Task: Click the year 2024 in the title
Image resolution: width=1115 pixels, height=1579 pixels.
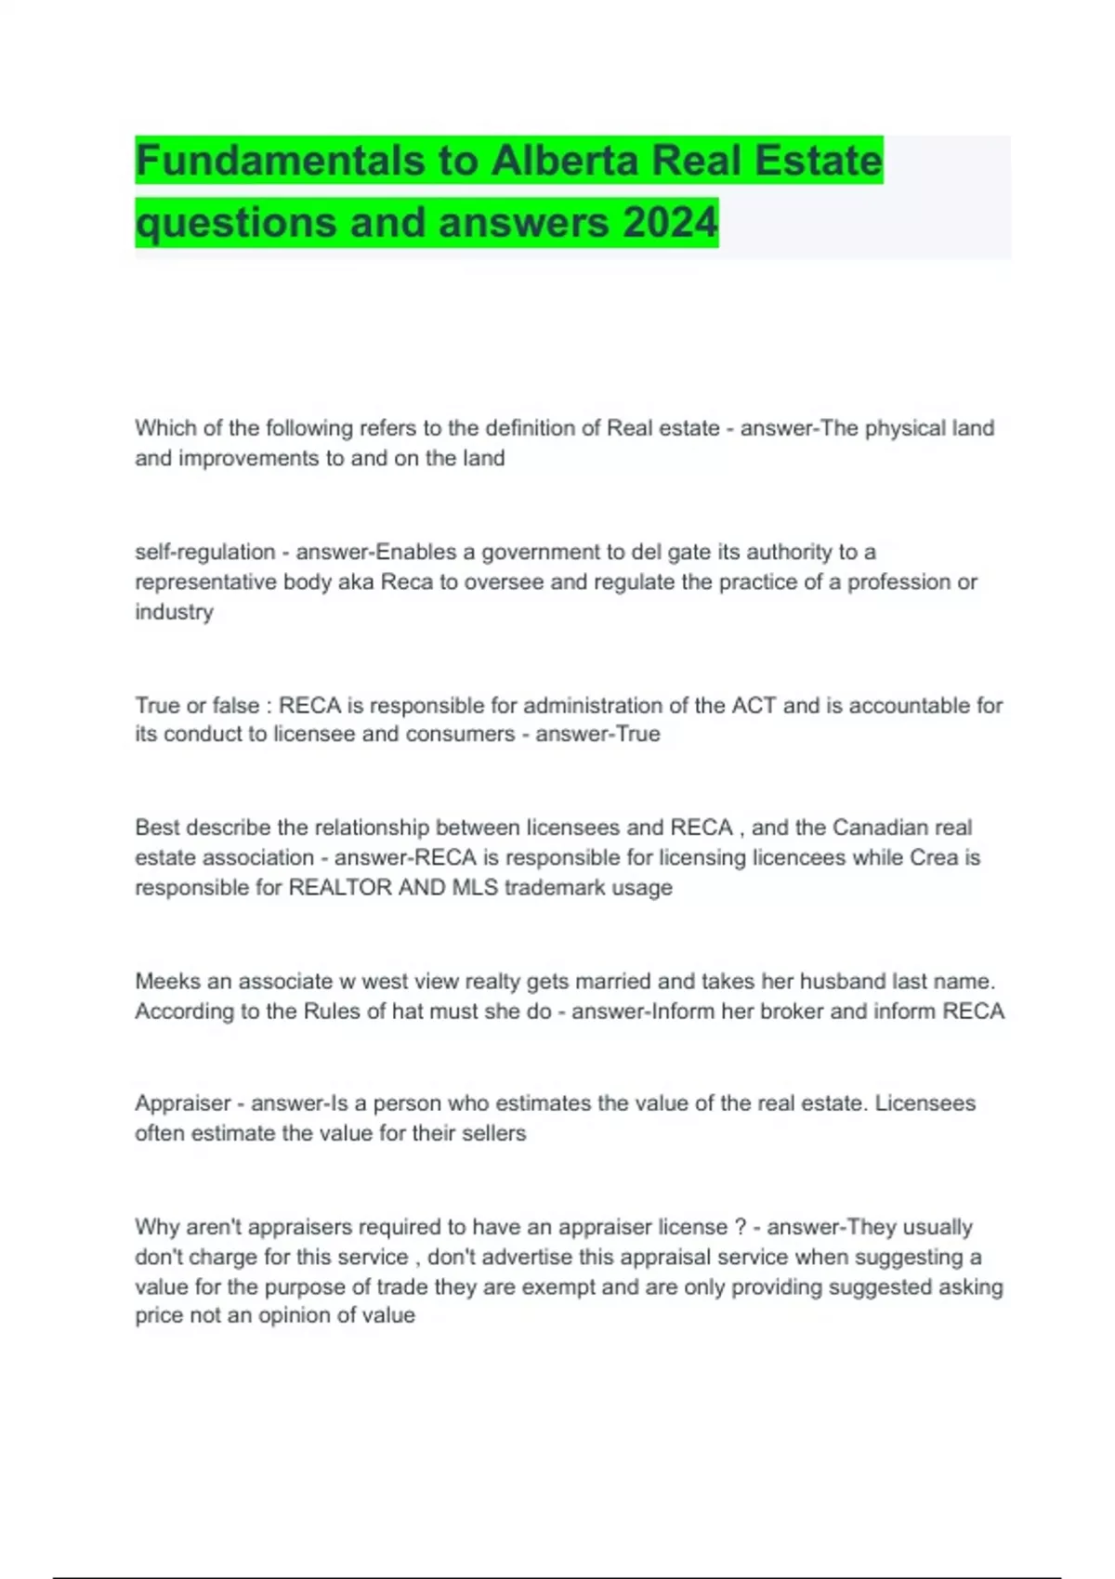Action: tap(670, 223)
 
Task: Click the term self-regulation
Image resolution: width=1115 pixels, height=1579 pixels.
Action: tap(204, 552)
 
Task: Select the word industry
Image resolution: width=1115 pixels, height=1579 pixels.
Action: tap(174, 611)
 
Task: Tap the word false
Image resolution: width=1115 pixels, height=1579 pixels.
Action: tap(235, 705)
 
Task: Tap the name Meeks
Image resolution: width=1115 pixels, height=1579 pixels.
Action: tap(168, 981)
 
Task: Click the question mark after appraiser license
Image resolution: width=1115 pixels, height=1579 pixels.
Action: tap(740, 1227)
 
